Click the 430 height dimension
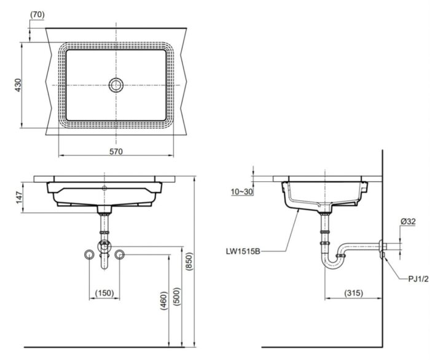[x=18, y=85]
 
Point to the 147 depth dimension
[x=18, y=197]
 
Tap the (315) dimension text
[x=352, y=293]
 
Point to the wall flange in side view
[x=382, y=249]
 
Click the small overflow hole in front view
[x=104, y=187]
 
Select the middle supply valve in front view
[x=104, y=247]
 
